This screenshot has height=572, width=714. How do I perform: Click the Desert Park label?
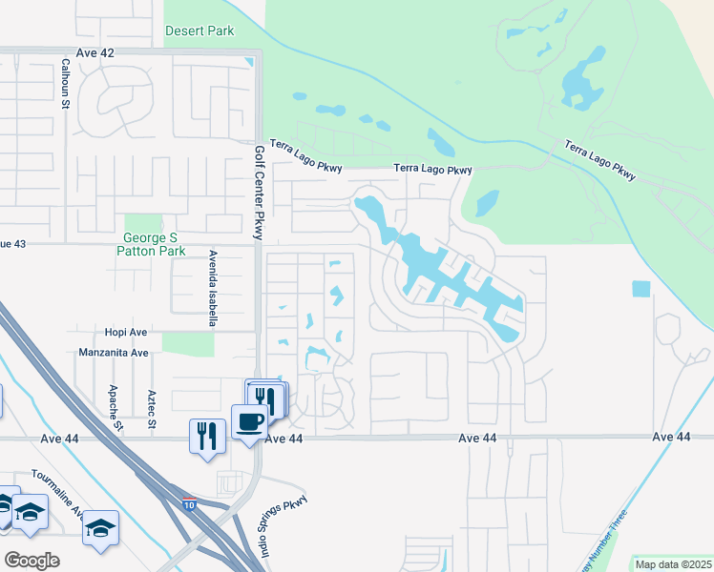(x=199, y=31)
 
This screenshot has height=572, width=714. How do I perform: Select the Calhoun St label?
(x=66, y=84)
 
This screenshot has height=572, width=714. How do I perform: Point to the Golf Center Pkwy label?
(x=258, y=194)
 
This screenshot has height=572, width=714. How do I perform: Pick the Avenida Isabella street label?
(x=212, y=288)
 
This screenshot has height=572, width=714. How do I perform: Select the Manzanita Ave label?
(x=114, y=353)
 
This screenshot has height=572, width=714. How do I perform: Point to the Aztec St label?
(x=151, y=409)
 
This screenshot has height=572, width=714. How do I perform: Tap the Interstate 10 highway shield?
(x=190, y=503)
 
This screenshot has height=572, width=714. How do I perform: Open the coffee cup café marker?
(x=250, y=422)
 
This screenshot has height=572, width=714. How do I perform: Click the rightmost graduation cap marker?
(x=100, y=528)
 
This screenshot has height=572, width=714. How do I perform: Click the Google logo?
(x=31, y=561)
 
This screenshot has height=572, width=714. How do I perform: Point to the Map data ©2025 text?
(x=673, y=564)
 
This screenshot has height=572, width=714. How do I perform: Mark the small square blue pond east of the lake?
(x=640, y=289)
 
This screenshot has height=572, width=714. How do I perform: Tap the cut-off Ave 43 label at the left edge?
(x=12, y=245)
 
